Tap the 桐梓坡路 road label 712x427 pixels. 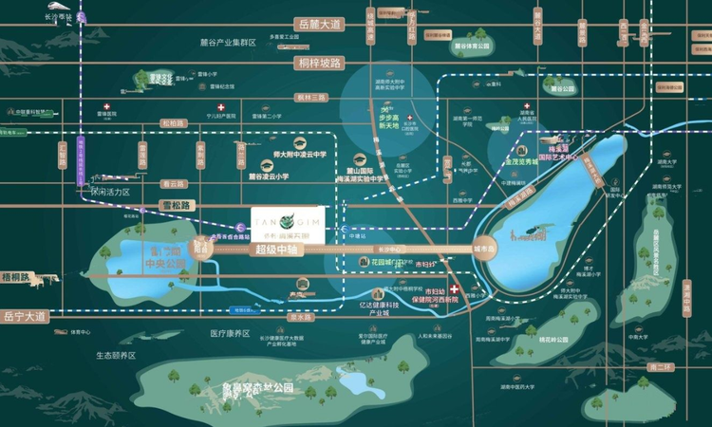(x=318, y=64)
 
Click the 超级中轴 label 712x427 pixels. (x=276, y=250)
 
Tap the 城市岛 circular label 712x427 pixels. (x=483, y=250)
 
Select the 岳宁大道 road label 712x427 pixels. (x=24, y=316)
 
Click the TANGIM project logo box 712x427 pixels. (x=283, y=223)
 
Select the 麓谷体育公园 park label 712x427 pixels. (x=470, y=45)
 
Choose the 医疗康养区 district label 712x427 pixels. (x=230, y=333)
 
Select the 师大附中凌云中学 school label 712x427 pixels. (x=293, y=152)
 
